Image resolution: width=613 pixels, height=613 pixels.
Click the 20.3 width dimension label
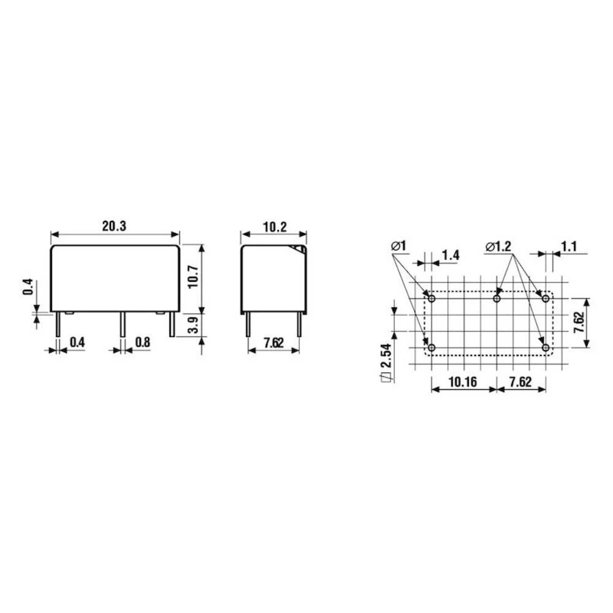coord(114,226)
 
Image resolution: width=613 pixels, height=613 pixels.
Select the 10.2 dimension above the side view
coord(275,226)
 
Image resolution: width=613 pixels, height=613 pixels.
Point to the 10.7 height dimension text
coord(192,278)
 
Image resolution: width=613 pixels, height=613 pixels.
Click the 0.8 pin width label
coord(142,342)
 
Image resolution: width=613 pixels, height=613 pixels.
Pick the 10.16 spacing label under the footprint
coord(463,381)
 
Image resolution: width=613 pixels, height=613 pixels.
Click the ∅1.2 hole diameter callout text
coord(499,247)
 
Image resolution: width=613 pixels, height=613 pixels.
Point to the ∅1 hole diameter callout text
coord(398,247)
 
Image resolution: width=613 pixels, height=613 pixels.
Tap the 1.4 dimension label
coord(450,255)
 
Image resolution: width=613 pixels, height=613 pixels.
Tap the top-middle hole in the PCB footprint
coord(497,299)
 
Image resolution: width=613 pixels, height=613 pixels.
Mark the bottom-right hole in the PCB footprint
coord(545,348)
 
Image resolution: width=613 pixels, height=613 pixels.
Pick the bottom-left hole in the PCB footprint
coord(432,348)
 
